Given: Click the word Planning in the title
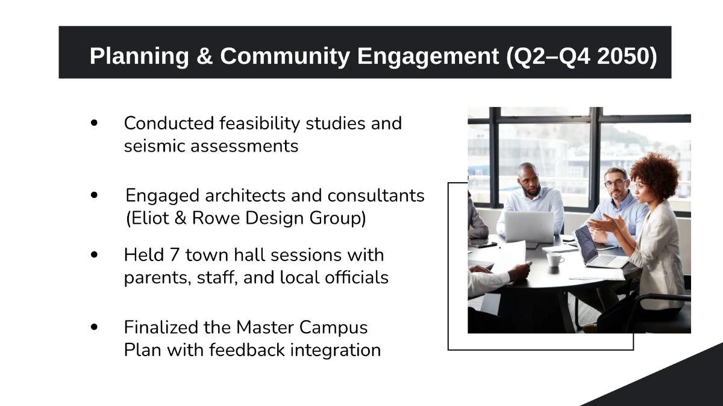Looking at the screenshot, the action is [x=139, y=56].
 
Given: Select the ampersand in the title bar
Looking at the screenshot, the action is [x=204, y=56].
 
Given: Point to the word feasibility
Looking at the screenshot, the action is [x=260, y=124].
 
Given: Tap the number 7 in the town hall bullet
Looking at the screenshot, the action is [x=174, y=255].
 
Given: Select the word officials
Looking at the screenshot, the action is [x=356, y=277].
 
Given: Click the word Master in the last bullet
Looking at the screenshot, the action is [x=265, y=327].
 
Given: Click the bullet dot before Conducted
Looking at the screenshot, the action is [x=94, y=123].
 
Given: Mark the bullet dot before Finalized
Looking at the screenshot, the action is [x=94, y=327].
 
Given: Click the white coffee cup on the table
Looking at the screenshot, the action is [x=555, y=259].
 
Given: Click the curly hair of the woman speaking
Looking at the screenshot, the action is [x=656, y=174].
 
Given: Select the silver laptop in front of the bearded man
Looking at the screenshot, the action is [x=529, y=227].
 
